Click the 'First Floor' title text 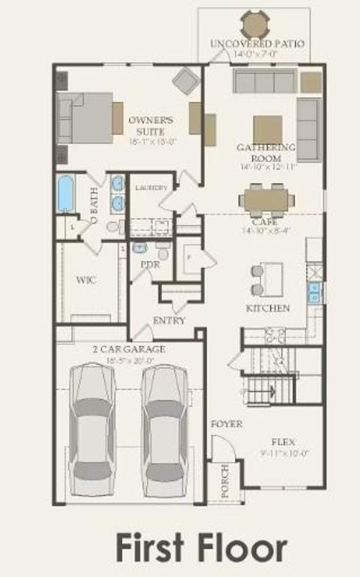(201, 548)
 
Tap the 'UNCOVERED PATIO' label (258, 44)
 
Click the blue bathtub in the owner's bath (66, 194)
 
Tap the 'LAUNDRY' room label (151, 188)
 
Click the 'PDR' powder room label (151, 265)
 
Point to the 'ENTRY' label (169, 320)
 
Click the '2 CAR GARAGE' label (129, 349)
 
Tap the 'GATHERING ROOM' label (266, 152)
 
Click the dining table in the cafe (267, 200)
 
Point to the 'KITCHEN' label (268, 308)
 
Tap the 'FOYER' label (226, 424)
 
